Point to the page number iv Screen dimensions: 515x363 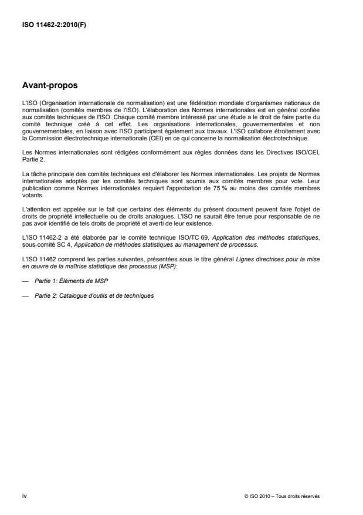(23, 497)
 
